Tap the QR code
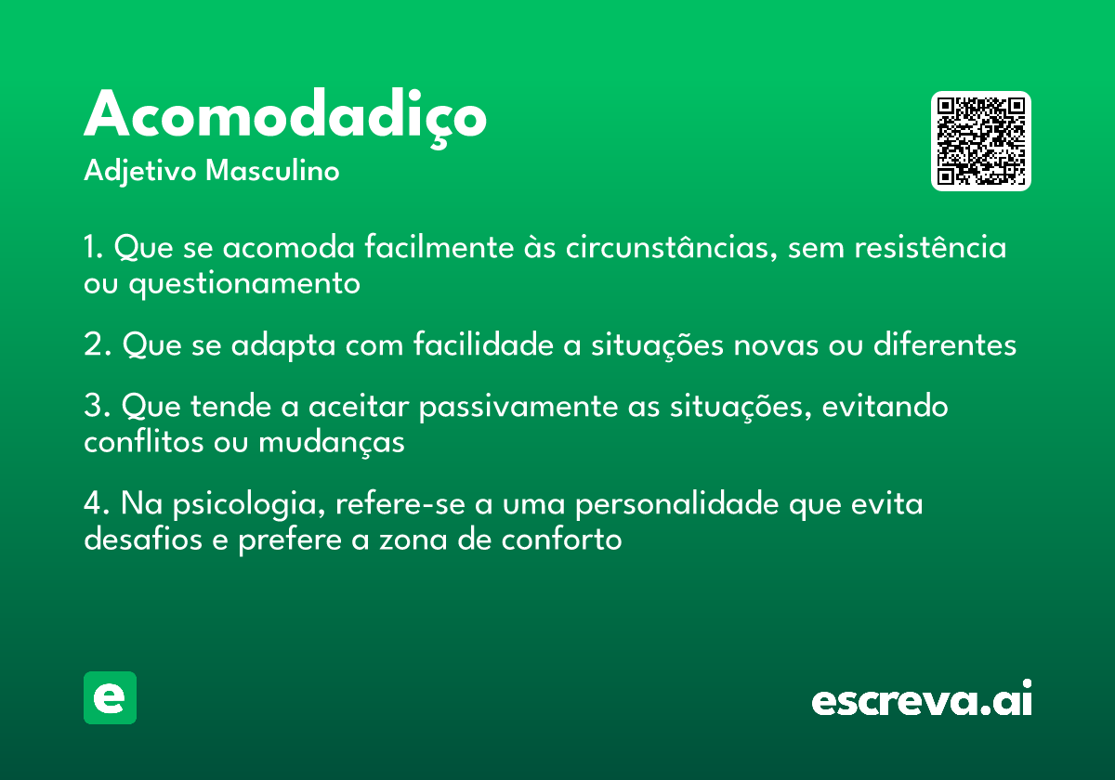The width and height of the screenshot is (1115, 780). pyautogui.click(x=980, y=141)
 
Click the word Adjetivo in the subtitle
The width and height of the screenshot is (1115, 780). pyautogui.click(x=140, y=172)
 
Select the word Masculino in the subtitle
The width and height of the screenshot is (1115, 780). pyautogui.click(x=272, y=170)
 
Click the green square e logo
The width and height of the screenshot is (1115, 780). pyautogui.click(x=110, y=697)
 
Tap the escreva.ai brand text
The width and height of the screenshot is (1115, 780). pyautogui.click(x=922, y=697)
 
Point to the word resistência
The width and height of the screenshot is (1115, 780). pyautogui.click(x=930, y=246)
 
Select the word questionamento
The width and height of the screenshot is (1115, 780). pyautogui.click(x=244, y=284)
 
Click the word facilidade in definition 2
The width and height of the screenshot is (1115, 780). pyautogui.click(x=483, y=344)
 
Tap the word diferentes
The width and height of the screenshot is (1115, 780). pyautogui.click(x=945, y=344)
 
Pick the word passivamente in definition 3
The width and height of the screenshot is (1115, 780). pyautogui.click(x=518, y=408)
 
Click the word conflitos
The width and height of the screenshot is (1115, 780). pyautogui.click(x=144, y=441)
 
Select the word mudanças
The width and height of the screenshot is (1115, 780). pyautogui.click(x=332, y=442)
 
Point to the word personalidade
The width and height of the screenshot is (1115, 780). pyautogui.click(x=677, y=505)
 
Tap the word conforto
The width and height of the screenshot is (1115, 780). pyautogui.click(x=561, y=539)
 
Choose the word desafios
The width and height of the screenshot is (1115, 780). pyautogui.click(x=143, y=539)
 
